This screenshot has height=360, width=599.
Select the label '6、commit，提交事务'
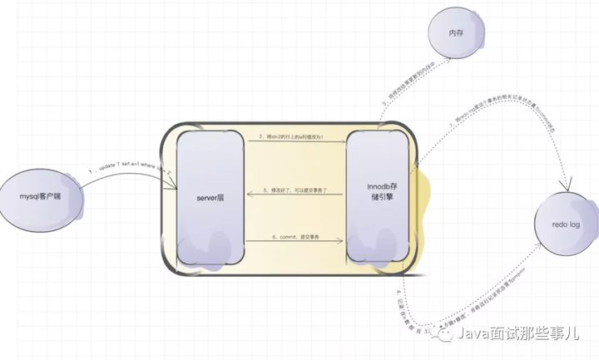pos(295,239)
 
